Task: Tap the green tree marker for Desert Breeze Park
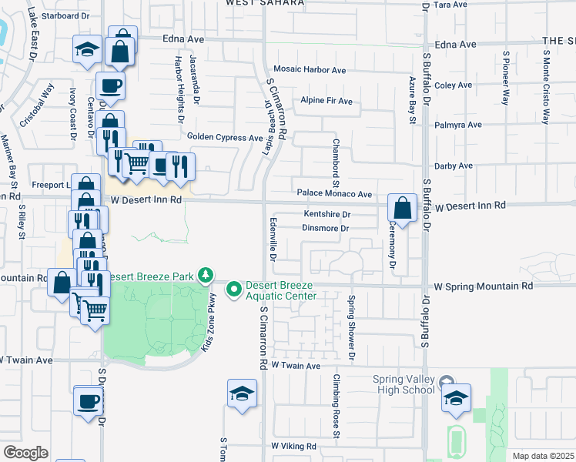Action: point(205,275)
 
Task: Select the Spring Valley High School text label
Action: point(404,384)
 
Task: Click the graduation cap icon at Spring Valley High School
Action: point(456,397)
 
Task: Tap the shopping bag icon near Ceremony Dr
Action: point(402,207)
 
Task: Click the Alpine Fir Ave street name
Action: point(326,101)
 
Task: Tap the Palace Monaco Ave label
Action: point(334,195)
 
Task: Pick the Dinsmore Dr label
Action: point(326,228)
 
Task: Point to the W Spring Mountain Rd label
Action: point(483,286)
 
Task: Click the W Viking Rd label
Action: point(293,446)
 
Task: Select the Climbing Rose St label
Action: point(337,407)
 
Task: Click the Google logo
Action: point(25,452)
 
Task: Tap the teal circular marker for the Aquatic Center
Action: point(233,290)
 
